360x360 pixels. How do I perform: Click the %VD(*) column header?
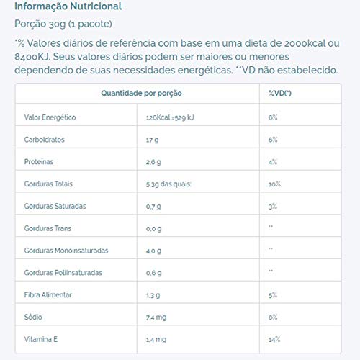tap(279, 94)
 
